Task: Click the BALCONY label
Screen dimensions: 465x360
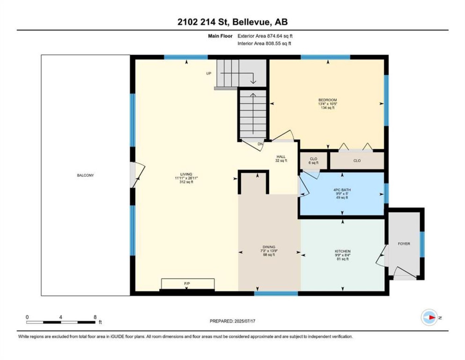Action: pos(85,175)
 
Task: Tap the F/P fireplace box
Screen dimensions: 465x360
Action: pos(188,284)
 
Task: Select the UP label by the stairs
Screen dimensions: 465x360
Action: pos(209,73)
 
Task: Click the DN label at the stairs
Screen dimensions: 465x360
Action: pos(260,144)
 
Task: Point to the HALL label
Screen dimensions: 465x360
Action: pos(281,157)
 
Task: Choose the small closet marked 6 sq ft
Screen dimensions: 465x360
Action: pos(313,161)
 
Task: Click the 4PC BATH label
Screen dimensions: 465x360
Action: pos(342,190)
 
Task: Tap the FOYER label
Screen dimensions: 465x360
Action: pos(404,244)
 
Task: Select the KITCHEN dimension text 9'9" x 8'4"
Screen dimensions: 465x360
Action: pos(342,255)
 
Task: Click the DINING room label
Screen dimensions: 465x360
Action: pos(269,247)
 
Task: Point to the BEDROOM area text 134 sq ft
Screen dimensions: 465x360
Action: pos(327,108)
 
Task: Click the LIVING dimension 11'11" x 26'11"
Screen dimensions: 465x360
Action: pos(186,178)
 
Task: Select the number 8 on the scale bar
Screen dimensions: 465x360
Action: pos(95,317)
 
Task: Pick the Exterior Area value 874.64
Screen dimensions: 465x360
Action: pos(274,36)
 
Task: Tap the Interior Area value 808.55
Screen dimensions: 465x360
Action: pos(273,43)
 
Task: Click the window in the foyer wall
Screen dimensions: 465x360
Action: pos(422,244)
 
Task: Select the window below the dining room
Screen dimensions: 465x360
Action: pos(276,293)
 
